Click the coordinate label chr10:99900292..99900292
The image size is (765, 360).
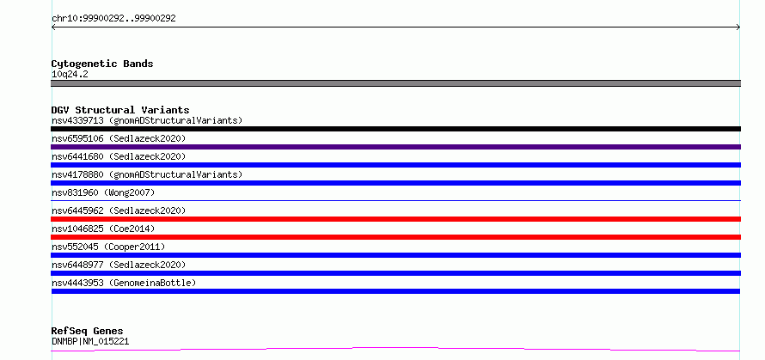pos(113,19)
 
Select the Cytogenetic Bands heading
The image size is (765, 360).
pos(102,64)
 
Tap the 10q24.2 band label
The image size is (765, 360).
pos(70,75)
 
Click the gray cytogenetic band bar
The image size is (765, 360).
pos(395,83)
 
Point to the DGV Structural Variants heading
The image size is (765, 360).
pos(120,110)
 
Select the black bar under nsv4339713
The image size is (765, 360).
pos(395,129)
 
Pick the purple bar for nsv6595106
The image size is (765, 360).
pos(395,147)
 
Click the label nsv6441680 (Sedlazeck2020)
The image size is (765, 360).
pos(119,156)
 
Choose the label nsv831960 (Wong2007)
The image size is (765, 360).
pos(103,192)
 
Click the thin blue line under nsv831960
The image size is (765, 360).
pos(395,200)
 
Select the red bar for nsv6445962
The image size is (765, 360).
pos(395,219)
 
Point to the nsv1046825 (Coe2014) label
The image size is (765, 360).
pos(103,229)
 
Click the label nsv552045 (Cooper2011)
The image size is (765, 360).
pos(108,247)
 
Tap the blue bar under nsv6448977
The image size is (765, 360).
pos(395,273)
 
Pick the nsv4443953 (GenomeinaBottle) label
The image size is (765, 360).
pos(124,283)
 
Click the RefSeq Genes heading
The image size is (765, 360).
pos(87,331)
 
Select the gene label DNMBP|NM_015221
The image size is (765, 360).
pos(90,341)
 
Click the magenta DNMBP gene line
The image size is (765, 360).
pos(395,348)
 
